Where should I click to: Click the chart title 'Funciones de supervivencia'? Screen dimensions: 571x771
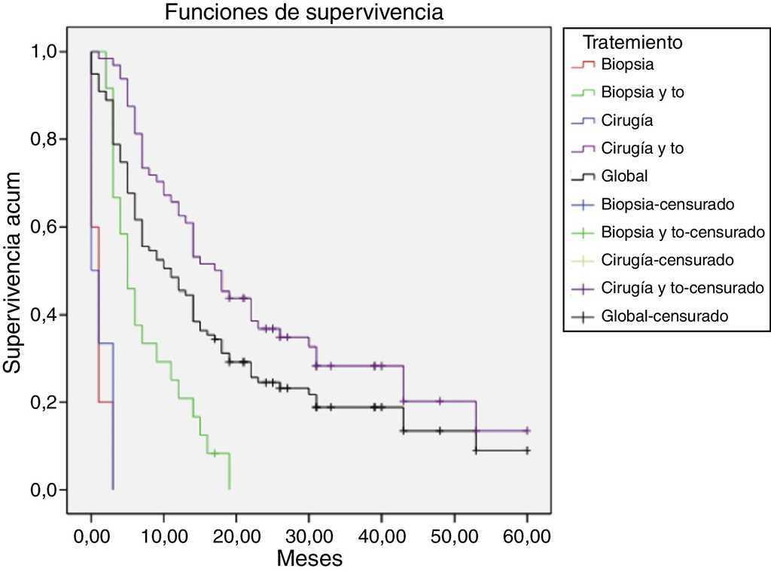pos(304,13)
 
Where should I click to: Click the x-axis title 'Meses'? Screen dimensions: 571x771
pos(309,558)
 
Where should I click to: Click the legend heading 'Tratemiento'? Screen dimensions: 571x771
pos(633,42)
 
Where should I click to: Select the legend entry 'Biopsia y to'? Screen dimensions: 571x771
pos(642,93)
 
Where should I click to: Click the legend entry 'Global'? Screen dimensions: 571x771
pos(624,176)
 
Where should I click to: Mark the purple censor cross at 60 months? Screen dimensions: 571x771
pos(527,431)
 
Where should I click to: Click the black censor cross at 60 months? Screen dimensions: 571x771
pos(527,450)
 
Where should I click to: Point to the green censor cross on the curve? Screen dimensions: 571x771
pos(215,453)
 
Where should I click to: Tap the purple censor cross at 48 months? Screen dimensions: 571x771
pos(440,402)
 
